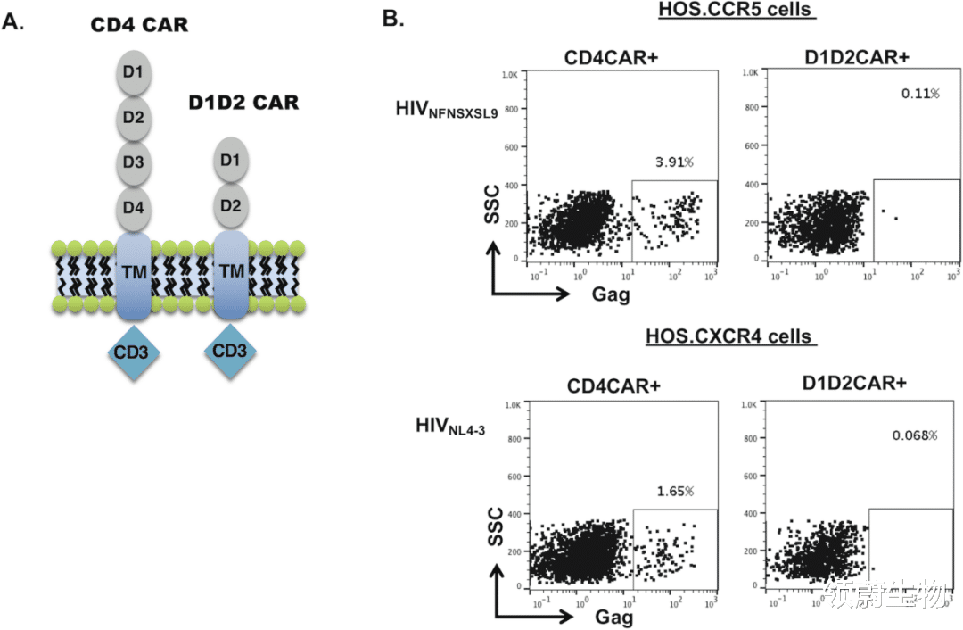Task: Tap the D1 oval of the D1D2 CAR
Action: coord(231,161)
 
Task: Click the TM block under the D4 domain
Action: coord(135,273)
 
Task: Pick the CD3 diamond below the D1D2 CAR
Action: coord(229,350)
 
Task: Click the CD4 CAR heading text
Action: coord(139,24)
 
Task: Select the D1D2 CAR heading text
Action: coord(243,103)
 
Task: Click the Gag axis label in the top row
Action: coord(612,293)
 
